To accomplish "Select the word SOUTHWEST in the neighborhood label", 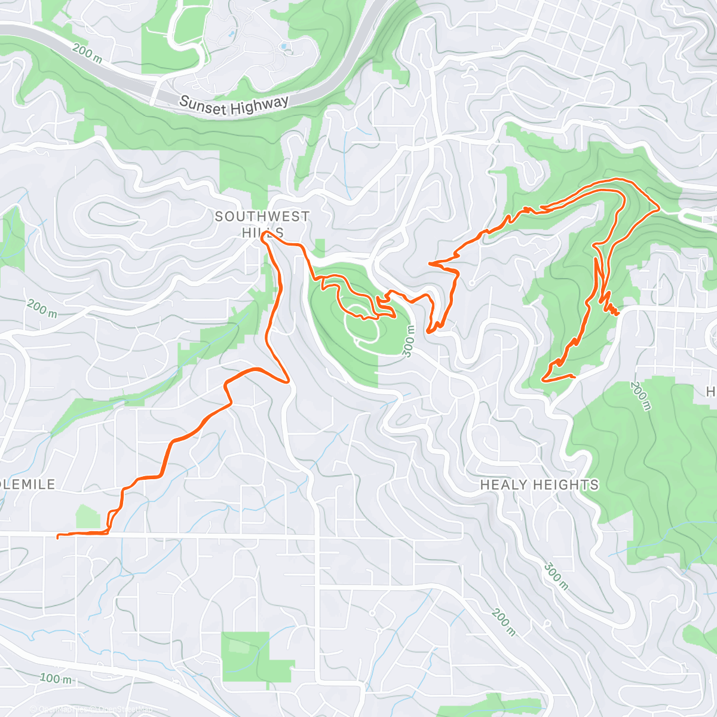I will click(x=262, y=216).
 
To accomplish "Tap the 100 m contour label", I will click(x=56, y=678).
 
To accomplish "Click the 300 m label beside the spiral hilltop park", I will click(x=409, y=341).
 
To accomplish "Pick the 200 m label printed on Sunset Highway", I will click(x=87, y=52).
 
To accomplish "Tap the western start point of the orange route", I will click(x=57, y=537).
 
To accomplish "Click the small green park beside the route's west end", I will click(x=88, y=516).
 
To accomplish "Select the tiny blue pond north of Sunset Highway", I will click(x=284, y=45).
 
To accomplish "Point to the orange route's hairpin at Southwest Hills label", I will click(x=264, y=237).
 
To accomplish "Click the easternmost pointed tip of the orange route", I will click(x=658, y=209).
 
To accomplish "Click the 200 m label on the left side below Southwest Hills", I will click(x=42, y=309).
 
